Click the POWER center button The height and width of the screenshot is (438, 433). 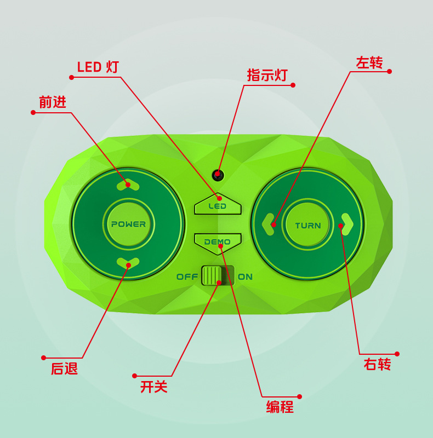point(128,224)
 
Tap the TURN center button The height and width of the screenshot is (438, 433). point(307,225)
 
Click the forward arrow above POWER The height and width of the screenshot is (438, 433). point(128,185)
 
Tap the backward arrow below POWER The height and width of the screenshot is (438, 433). point(128,263)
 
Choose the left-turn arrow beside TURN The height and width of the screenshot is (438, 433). point(268,224)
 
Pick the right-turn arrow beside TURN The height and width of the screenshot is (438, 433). point(347,224)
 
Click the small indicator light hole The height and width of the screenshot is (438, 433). point(218,175)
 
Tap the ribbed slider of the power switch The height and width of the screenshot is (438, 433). point(212,276)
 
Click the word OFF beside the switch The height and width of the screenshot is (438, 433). point(187,277)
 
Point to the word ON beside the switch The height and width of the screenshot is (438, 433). point(245,277)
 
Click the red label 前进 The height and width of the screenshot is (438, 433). point(53,102)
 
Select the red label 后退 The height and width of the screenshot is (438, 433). point(64,368)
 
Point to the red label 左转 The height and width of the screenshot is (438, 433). point(369,62)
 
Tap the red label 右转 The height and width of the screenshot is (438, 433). point(377,364)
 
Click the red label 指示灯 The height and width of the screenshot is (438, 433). point(267,75)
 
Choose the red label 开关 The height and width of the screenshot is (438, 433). point(154,387)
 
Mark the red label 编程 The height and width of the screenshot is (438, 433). point(280,407)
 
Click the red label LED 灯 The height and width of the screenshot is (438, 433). point(98,67)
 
